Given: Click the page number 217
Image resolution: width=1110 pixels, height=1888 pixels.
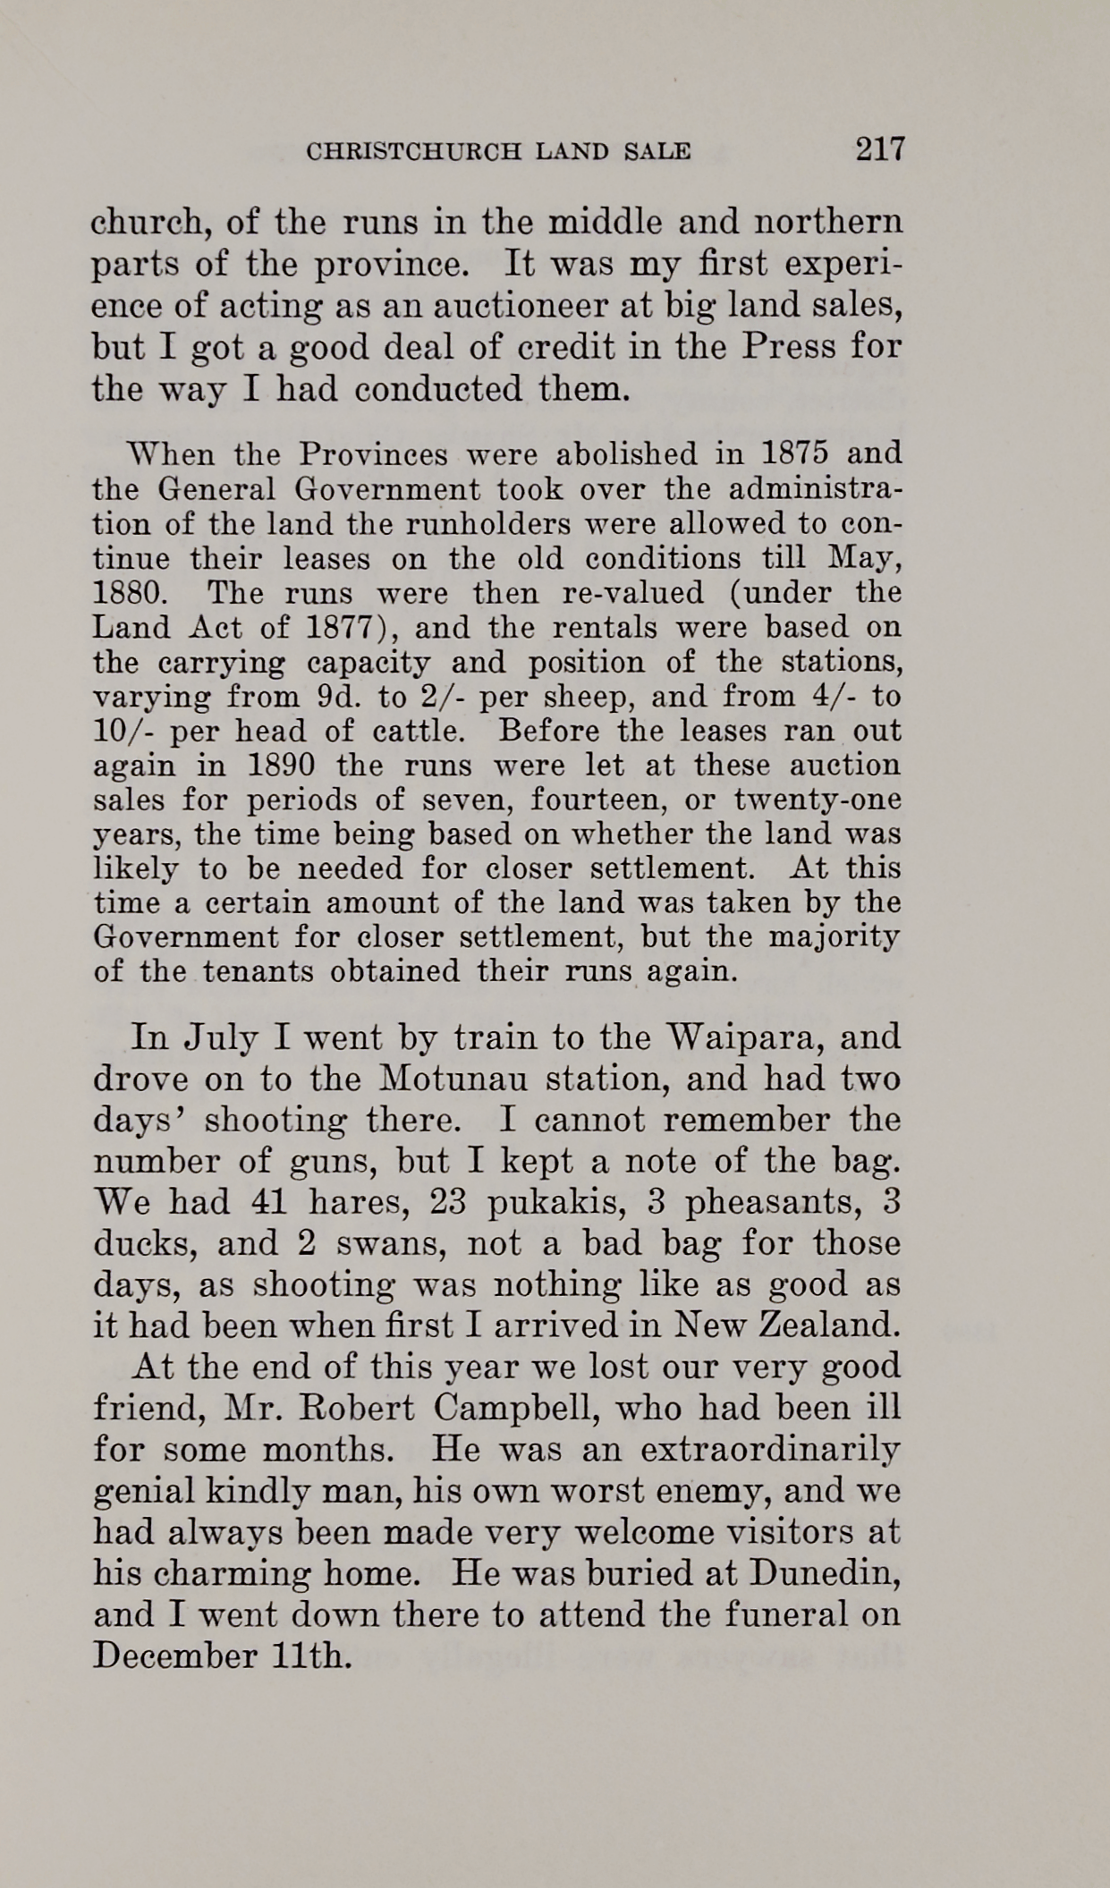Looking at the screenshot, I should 880,148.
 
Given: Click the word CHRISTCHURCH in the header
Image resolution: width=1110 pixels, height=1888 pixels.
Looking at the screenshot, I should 413,151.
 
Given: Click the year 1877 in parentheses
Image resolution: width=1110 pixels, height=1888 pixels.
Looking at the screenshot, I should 337,627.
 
